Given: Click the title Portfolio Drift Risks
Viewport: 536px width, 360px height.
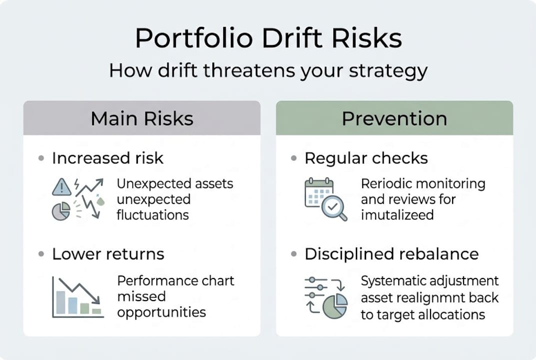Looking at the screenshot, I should click(x=268, y=38).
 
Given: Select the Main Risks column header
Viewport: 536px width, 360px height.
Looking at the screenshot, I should click(x=142, y=118).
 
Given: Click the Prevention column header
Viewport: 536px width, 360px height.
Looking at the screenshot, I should click(x=394, y=118).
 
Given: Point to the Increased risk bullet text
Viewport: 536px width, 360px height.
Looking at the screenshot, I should click(x=107, y=158).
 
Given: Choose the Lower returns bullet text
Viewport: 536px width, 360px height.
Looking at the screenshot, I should click(x=108, y=254).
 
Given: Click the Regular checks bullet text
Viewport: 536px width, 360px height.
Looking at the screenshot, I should click(x=366, y=158).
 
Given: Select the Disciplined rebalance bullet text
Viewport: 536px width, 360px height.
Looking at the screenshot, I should click(x=391, y=254).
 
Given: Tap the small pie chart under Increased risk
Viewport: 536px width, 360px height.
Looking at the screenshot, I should click(x=61, y=211).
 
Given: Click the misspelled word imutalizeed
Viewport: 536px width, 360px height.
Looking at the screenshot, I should click(x=397, y=215).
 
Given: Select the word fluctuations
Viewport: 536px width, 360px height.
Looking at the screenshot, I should click(x=153, y=215).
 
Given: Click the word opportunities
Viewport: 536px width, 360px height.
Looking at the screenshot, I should click(x=161, y=312).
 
